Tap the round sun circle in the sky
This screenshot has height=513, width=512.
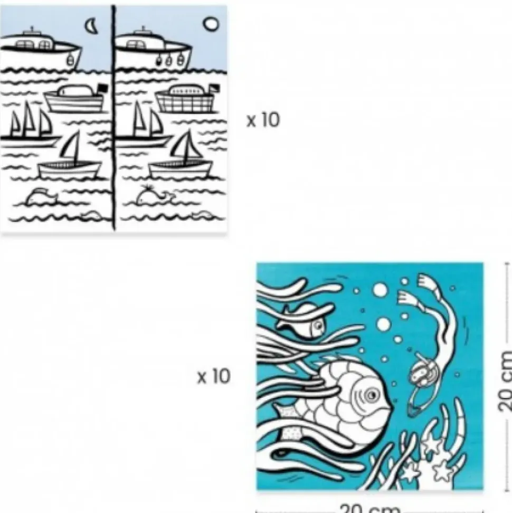pyautogui.click(x=211, y=24)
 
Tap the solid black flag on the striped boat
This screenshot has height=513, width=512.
pyautogui.click(x=103, y=88)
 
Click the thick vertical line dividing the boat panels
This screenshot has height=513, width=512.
pyautogui.click(x=113, y=117)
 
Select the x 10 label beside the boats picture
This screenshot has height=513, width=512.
pyautogui.click(x=263, y=120)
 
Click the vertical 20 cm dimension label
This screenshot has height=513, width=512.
pyautogui.click(x=505, y=381)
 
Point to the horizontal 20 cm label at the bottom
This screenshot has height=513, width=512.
pyautogui.click(x=369, y=509)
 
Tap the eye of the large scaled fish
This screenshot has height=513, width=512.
pyautogui.click(x=371, y=395)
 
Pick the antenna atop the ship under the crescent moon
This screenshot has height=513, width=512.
pyautogui.click(x=32, y=30)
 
